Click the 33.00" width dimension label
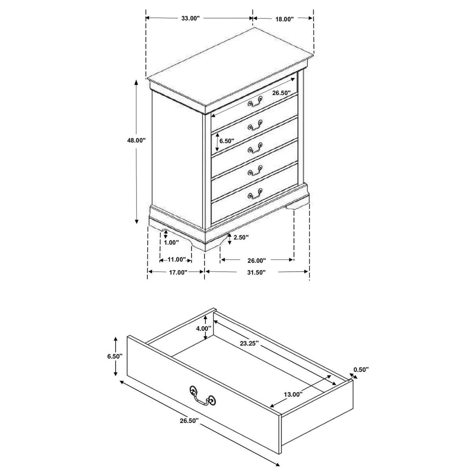pyautogui.click(x=191, y=18)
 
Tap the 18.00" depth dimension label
pyautogui.click(x=284, y=19)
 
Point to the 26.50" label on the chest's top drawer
pyautogui.click(x=281, y=93)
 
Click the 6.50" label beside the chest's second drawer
pyautogui.click(x=227, y=141)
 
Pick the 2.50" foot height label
pyautogui.click(x=241, y=237)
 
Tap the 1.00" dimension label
pyautogui.click(x=171, y=243)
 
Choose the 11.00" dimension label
pyautogui.click(x=176, y=260)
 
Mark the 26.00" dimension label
pyautogui.click(x=256, y=260)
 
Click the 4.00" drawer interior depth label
pyautogui.click(x=203, y=328)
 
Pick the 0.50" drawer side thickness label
pyautogui.click(x=361, y=369)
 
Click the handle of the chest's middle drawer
pyautogui.click(x=255, y=147)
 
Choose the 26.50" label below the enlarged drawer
pyautogui.click(x=189, y=420)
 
